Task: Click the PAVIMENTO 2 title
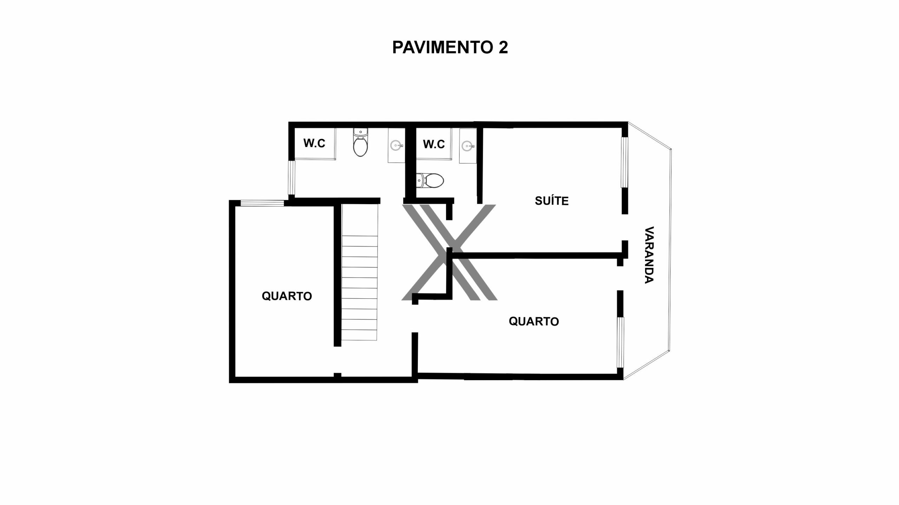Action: pyautogui.click(x=450, y=47)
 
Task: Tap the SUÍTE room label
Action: pyautogui.click(x=551, y=201)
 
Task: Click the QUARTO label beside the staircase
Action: pyautogui.click(x=287, y=296)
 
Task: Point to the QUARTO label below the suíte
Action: pyautogui.click(x=533, y=321)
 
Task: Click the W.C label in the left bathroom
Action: pyautogui.click(x=314, y=143)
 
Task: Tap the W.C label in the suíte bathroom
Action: pyautogui.click(x=434, y=144)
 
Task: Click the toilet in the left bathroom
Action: pyautogui.click(x=360, y=142)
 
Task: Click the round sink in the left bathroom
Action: pyautogui.click(x=396, y=144)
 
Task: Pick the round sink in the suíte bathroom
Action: pyautogui.click(x=467, y=145)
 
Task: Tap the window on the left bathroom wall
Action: pyautogui.click(x=291, y=178)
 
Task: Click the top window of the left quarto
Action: pyautogui.click(x=262, y=203)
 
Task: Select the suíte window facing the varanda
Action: pyautogui.click(x=624, y=162)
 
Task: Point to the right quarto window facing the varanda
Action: pyautogui.click(x=621, y=342)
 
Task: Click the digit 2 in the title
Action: pyautogui.click(x=503, y=47)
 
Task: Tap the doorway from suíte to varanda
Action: pyautogui.click(x=625, y=227)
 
